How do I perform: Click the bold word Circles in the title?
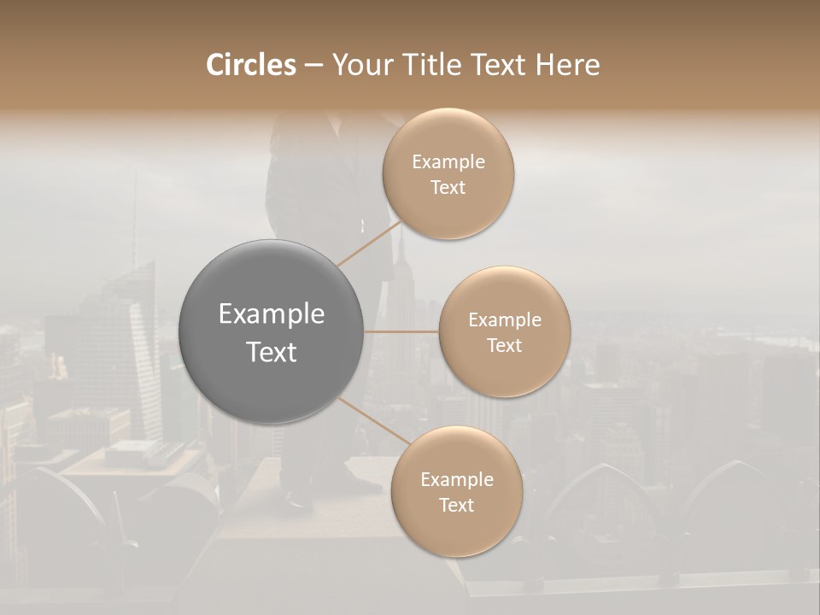tap(250, 65)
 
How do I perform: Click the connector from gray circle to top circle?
tap(369, 244)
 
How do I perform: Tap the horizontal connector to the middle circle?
tap(401, 331)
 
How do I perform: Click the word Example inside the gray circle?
tap(272, 314)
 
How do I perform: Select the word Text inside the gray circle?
tap(272, 352)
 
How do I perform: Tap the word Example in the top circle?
tap(448, 162)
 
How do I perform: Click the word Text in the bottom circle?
tap(456, 506)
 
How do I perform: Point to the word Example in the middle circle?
tap(505, 320)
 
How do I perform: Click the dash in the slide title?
tap(313, 65)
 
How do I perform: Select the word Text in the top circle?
tap(448, 188)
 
